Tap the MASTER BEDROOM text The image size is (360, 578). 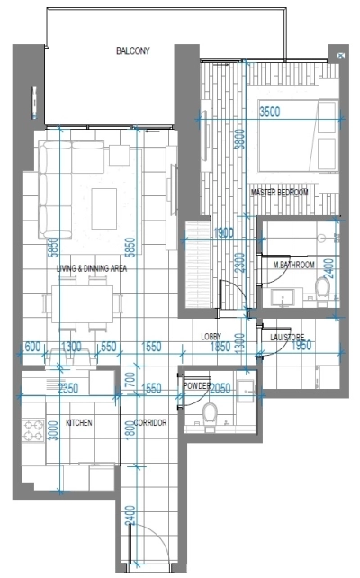tap(281, 193)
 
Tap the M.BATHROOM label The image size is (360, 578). tap(294, 265)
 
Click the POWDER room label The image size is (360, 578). tap(197, 385)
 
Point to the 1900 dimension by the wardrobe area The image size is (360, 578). tap(224, 232)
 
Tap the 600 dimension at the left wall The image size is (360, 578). tap(30, 347)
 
